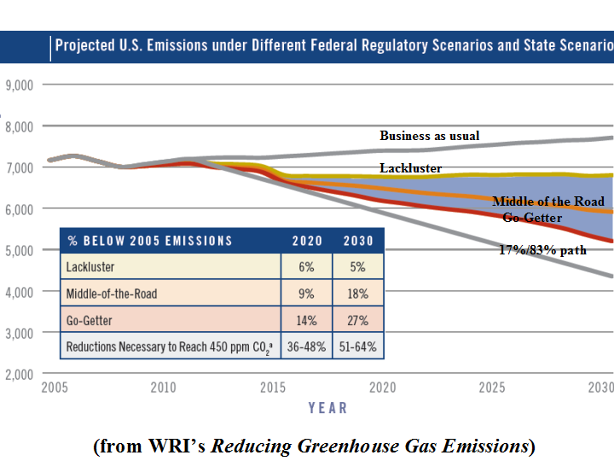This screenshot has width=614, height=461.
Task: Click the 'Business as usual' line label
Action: pos(429,136)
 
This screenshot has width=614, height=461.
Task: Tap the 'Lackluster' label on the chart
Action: pos(411,169)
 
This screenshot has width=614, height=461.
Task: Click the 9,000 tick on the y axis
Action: pos(19,85)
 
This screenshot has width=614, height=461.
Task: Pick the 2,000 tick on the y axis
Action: pos(19,374)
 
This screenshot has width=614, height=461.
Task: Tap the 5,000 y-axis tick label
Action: pos(19,250)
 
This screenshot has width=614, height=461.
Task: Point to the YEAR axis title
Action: pos(327,408)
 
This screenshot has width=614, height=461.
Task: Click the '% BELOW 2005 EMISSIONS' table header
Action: pos(149,241)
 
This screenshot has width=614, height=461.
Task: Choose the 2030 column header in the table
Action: pos(358,241)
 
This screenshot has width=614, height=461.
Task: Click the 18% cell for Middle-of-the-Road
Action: pos(358,295)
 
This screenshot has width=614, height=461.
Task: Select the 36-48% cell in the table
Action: pos(307,347)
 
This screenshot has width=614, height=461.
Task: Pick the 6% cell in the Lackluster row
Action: pos(307,267)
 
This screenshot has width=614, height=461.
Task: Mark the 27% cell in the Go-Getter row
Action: pos(358,321)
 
